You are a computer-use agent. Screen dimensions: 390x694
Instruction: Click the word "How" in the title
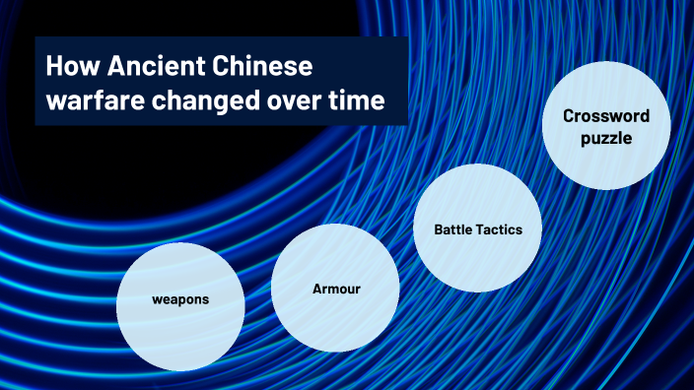70,69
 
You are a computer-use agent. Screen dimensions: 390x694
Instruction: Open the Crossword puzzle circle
606,128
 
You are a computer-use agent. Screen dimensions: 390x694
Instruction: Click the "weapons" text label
180,297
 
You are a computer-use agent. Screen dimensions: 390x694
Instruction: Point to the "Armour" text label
336,289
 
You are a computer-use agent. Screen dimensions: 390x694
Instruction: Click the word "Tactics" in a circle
501,229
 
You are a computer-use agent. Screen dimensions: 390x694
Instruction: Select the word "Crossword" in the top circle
606,116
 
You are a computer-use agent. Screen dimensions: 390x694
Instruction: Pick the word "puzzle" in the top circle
606,139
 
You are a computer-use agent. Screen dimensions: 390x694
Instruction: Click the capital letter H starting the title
54,69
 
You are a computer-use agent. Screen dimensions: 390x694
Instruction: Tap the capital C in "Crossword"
569,116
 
